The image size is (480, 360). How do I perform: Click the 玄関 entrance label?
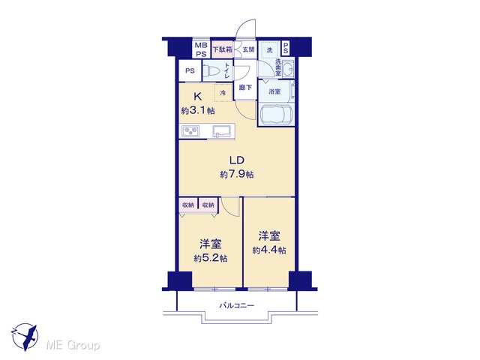click(x=248, y=49)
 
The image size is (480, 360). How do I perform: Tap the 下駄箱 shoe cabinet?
click(x=222, y=49)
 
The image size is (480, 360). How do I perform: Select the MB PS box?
click(x=201, y=49)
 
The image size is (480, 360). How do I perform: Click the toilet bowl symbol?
click(x=212, y=71)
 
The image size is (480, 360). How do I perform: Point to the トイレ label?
click(x=227, y=70)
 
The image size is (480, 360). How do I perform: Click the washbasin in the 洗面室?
click(x=288, y=69)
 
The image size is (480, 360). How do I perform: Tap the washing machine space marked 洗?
click(x=269, y=49)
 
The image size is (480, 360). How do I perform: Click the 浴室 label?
click(x=274, y=91)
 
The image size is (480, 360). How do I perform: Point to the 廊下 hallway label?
click(x=245, y=88)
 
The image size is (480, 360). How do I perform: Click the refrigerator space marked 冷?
click(x=223, y=92)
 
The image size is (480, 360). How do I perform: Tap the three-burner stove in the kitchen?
click(x=190, y=131)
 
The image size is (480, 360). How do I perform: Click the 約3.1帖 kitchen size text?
click(x=198, y=110)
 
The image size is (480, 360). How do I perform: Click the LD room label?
click(x=237, y=160)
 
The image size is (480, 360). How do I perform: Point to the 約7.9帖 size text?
click(x=237, y=175)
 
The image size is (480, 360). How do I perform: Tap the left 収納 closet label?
click(x=188, y=205)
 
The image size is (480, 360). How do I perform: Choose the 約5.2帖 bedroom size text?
click(x=210, y=258)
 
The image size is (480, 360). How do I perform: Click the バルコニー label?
click(x=237, y=305)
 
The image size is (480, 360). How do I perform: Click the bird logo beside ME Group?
click(x=25, y=337)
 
